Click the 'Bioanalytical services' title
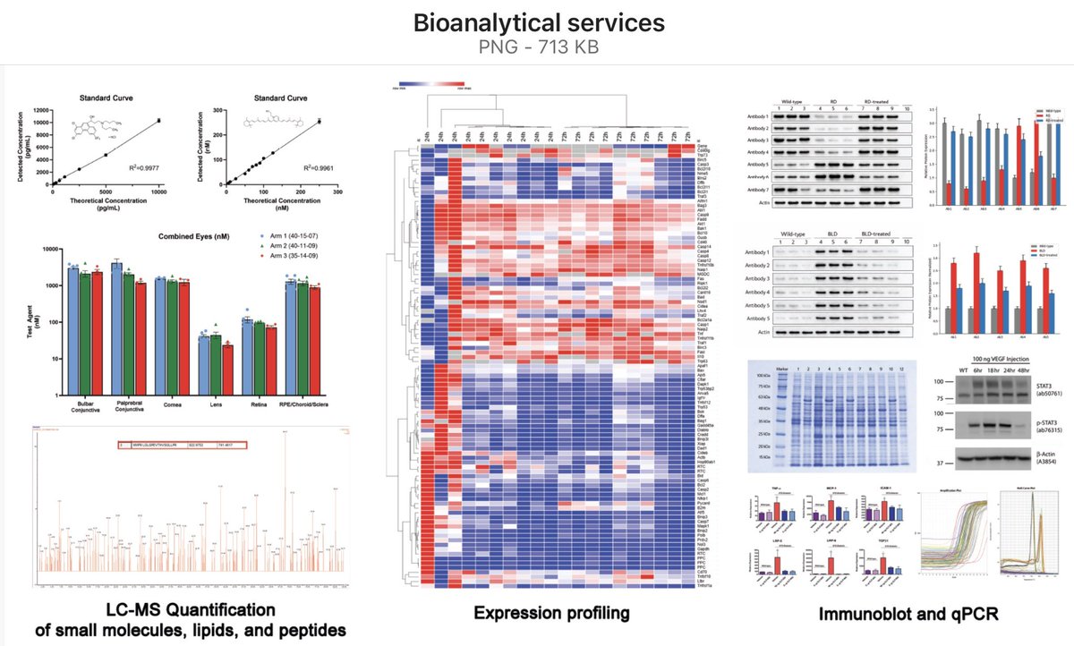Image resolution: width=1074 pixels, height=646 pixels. tap(536, 22)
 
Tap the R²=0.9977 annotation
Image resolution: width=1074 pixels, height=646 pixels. tap(143, 167)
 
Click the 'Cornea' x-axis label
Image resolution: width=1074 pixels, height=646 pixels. tap(172, 404)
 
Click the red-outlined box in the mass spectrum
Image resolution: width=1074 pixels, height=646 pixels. tap(180, 443)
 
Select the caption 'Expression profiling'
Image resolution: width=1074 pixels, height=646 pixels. tap(551, 614)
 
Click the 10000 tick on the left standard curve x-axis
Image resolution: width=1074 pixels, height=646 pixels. tap(158, 192)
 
